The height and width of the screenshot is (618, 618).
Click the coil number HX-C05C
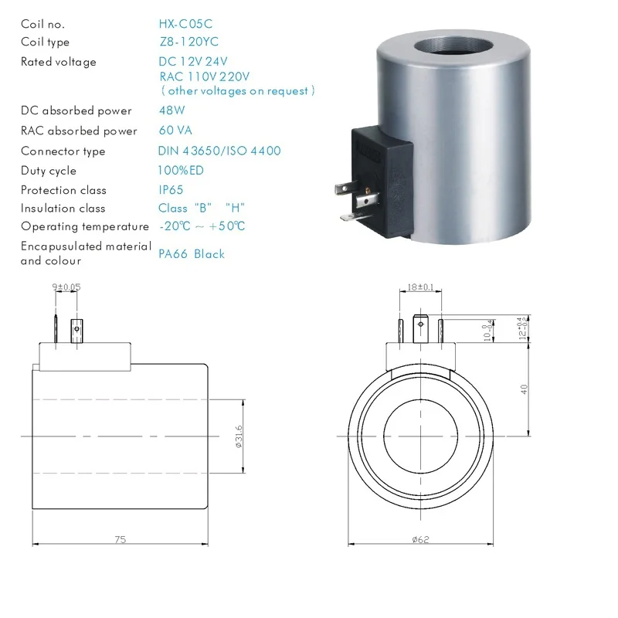pos(185,24)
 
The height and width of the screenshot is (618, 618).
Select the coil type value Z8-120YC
pos(188,42)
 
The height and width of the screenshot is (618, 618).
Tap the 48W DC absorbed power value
pos(171,110)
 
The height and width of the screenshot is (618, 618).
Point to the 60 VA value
pos(175,131)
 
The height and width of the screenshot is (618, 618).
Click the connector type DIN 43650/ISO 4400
pos(219,151)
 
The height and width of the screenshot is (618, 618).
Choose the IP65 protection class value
pos(171,190)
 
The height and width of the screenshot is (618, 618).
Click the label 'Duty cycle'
pos(49,171)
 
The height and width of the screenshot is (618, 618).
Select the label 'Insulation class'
pos(63,208)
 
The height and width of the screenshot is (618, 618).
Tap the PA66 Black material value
pos(192,254)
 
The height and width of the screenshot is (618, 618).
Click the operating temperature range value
pos(202,226)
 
